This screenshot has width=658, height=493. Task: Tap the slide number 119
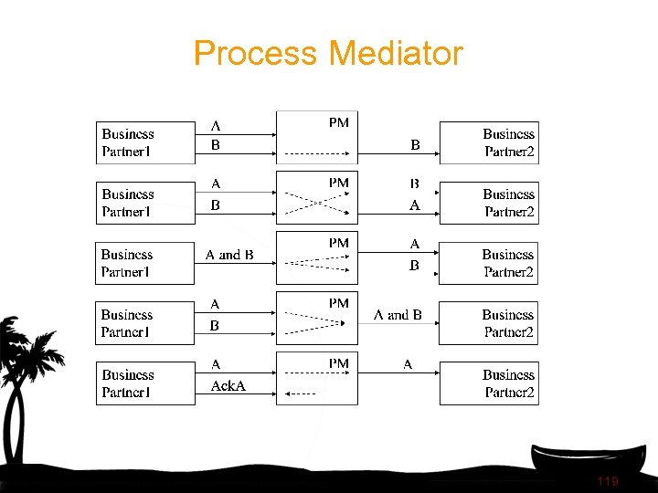[607, 481]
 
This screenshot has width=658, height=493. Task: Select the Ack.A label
[228, 386]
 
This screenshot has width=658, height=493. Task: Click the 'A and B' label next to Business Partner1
[229, 255]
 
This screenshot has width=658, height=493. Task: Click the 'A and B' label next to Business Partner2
[398, 315]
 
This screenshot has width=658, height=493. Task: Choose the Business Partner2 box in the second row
[489, 203]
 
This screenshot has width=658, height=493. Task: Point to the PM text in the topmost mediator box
[338, 122]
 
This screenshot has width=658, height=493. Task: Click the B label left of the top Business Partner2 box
[415, 144]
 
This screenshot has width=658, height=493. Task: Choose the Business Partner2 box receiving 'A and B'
[489, 323]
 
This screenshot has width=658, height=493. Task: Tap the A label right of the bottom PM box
[408, 364]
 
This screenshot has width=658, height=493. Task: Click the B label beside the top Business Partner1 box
[216, 144]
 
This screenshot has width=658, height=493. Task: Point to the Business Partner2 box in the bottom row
[489, 383]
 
